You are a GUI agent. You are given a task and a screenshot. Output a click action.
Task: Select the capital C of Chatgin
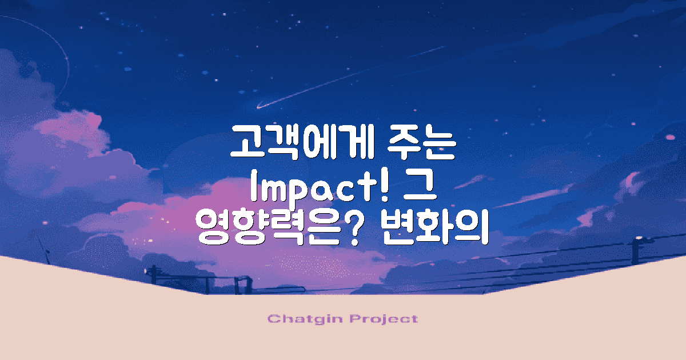click(273, 318)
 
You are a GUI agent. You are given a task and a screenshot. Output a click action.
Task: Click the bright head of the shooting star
click(261, 106)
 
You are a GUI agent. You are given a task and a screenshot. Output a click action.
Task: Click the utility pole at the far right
click(635, 251)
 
